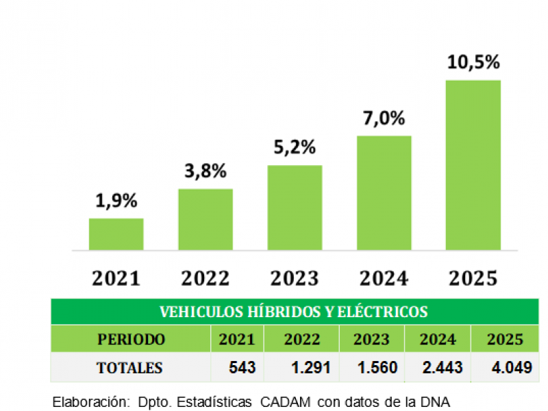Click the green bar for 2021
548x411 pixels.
coord(116,234)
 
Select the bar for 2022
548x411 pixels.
coord(205,219)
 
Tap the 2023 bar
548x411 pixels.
coord(295,208)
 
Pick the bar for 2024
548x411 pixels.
coord(384,192)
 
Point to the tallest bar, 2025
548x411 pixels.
coord(473,164)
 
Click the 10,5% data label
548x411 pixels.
coord(473,62)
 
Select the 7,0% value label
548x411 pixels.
coord(384,119)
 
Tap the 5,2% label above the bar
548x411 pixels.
coord(295,147)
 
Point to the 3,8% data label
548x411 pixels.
coord(205,171)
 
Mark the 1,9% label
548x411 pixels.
coord(116,201)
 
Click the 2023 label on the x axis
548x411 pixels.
coord(295,278)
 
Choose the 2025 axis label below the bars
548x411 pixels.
coord(473,278)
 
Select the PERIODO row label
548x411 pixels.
coord(131,339)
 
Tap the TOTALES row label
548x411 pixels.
coord(130,368)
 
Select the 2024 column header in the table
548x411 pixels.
coord(438,339)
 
